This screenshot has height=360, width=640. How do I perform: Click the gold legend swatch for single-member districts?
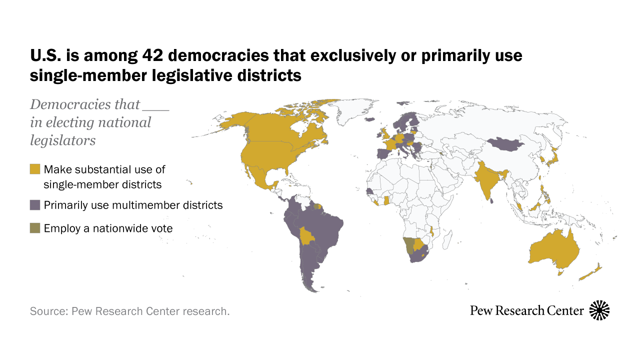pos(35,169)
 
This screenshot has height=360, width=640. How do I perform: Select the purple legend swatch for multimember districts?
pos(35,205)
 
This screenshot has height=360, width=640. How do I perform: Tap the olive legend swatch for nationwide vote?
pos(35,228)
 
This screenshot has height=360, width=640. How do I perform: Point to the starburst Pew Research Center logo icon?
pos(599,310)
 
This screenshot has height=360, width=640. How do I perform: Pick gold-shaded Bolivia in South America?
pos(306,235)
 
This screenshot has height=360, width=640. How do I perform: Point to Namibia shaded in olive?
pos(409,245)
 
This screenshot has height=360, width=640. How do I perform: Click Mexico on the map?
pos(259,177)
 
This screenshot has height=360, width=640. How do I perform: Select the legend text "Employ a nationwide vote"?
pos(108,228)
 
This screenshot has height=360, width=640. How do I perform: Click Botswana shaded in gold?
pos(419,244)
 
